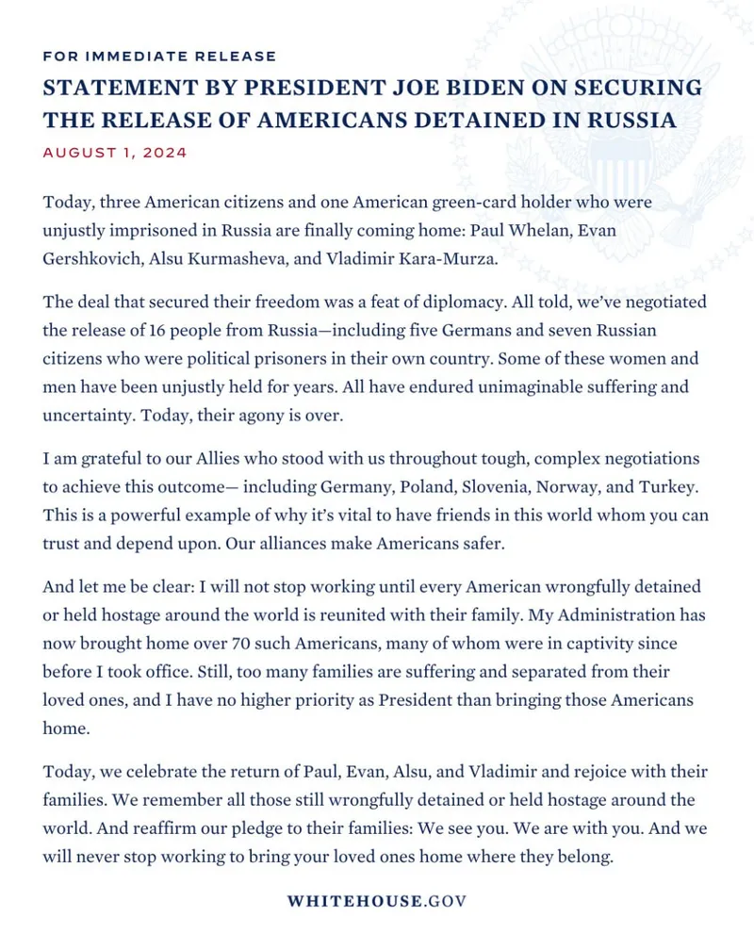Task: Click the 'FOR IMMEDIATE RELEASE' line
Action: coord(159,57)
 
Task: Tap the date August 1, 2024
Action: coord(114,152)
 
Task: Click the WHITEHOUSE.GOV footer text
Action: coord(377,900)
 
